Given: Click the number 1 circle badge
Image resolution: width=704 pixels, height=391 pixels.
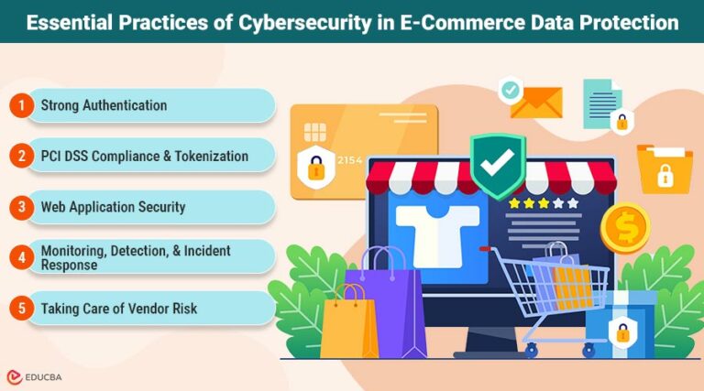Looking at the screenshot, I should pyautogui.click(x=20, y=105).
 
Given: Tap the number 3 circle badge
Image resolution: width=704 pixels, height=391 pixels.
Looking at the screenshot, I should pyautogui.click(x=20, y=207).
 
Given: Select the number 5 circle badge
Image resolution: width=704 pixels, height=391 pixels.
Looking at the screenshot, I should pyautogui.click(x=20, y=309).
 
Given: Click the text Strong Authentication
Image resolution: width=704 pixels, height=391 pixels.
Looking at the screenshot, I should pyautogui.click(x=104, y=105).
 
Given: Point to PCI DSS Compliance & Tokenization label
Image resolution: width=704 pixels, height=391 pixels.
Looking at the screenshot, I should pyautogui.click(x=144, y=156).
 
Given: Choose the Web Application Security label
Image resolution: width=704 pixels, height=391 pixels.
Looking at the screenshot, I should pyautogui.click(x=113, y=207).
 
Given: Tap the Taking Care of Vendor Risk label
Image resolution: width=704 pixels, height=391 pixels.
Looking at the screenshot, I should pyautogui.click(x=118, y=309).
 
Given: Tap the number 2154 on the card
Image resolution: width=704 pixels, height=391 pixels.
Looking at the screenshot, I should pyautogui.click(x=351, y=160).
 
